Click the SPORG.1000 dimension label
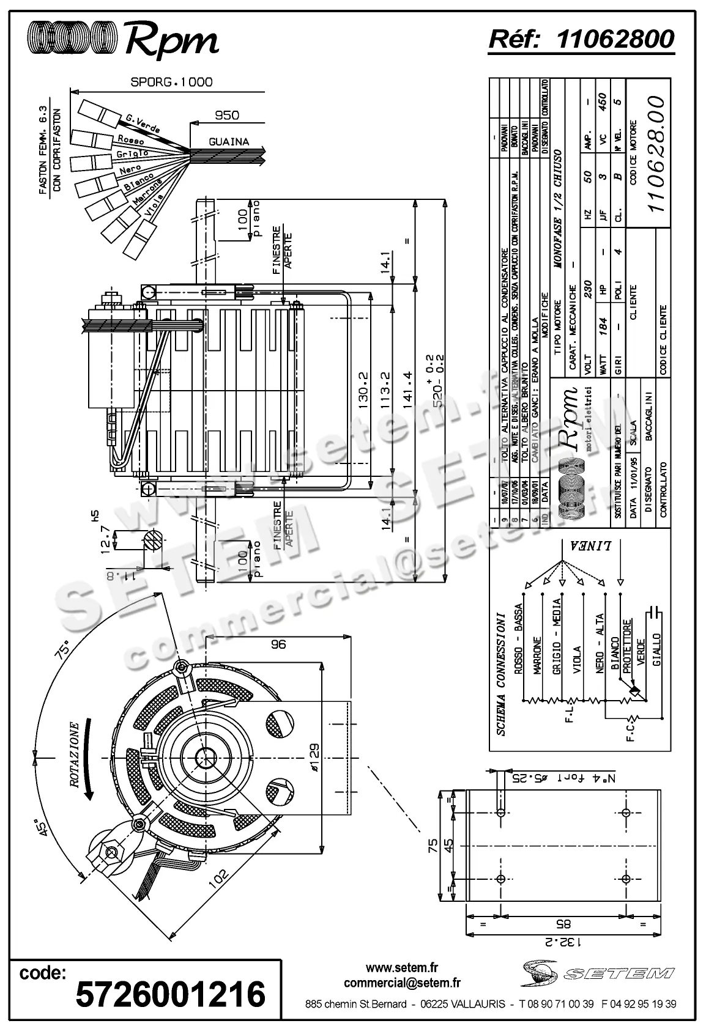click(172, 81)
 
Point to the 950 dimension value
click(227, 115)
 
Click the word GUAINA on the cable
click(229, 141)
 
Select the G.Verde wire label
click(143, 124)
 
